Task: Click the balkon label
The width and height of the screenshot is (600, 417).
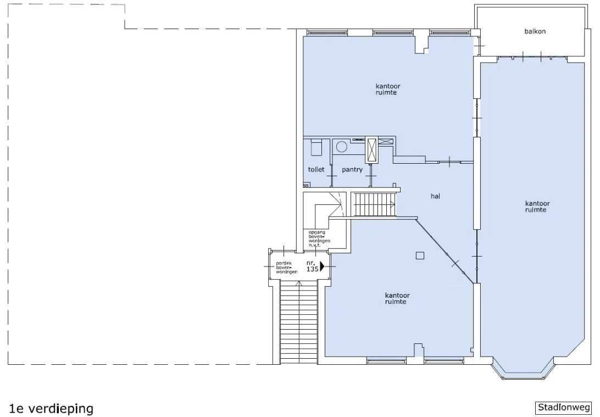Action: (x=535, y=31)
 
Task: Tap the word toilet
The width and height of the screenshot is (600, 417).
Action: (x=316, y=169)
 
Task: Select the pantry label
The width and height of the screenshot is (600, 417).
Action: (x=352, y=169)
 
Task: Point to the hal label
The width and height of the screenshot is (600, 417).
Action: (x=435, y=196)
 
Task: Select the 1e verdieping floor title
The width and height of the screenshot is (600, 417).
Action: (x=51, y=409)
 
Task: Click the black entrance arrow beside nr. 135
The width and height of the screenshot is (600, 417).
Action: (x=322, y=265)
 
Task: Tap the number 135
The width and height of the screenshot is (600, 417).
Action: (x=312, y=269)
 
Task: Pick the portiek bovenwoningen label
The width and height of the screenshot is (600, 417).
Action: (x=287, y=268)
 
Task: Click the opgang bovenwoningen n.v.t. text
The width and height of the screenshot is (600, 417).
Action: (x=319, y=238)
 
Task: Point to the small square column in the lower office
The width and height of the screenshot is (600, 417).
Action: (x=420, y=255)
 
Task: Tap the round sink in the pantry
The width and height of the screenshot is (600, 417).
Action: (x=342, y=147)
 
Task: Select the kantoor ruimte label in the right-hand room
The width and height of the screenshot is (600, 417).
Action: (x=537, y=207)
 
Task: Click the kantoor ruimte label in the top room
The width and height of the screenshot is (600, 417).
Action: (x=387, y=90)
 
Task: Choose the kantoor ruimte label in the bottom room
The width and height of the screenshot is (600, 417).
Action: (x=397, y=298)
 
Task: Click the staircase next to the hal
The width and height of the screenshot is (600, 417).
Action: (x=375, y=204)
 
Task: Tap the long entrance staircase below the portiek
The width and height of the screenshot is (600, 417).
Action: (x=299, y=322)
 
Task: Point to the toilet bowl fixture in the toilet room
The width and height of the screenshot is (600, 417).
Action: (x=316, y=148)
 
